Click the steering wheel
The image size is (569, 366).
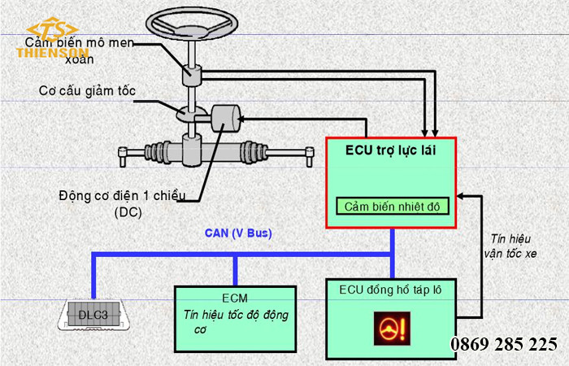click(193, 24)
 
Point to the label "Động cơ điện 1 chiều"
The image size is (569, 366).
click(123, 197)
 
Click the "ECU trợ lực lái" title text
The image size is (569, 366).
click(391, 151)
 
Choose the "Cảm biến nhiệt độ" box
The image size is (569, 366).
click(392, 207)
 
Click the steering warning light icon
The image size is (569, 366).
click(392, 329)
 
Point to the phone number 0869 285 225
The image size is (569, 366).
click(504, 344)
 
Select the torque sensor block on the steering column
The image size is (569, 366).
click(193, 75)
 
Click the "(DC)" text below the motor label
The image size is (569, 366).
click(128, 212)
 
